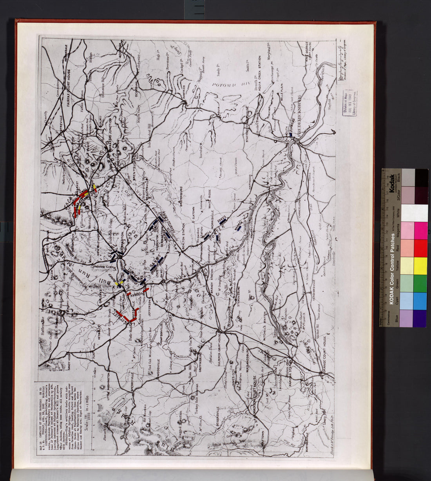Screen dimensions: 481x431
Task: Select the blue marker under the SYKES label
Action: point(222,221)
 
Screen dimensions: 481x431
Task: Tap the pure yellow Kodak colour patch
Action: point(420,266)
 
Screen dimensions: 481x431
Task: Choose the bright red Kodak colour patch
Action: point(420,248)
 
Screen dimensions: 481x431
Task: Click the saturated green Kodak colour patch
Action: point(420,283)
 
